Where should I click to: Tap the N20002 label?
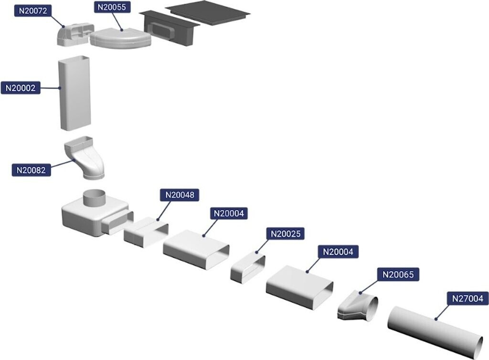[x=21, y=88]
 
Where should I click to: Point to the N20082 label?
[x=31, y=169]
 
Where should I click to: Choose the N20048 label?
[x=180, y=195]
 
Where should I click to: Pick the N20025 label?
[x=285, y=234]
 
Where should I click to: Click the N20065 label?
[x=398, y=275]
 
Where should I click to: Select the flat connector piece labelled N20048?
[x=146, y=232]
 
